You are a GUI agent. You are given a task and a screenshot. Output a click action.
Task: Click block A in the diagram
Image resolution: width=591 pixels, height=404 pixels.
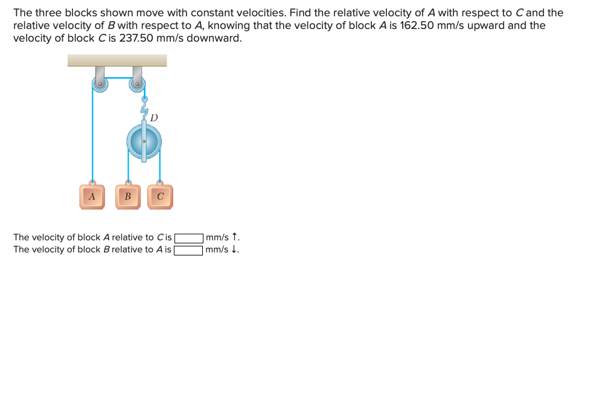click(92, 196)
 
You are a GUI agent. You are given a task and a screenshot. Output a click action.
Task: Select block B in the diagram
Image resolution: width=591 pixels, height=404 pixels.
click(127, 196)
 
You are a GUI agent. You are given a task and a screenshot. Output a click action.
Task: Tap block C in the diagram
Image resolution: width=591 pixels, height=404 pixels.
click(160, 196)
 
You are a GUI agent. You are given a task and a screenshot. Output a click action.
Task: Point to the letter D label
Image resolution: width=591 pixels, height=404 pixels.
click(154, 117)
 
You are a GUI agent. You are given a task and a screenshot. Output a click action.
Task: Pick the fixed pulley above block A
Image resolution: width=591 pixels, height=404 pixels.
click(100, 84)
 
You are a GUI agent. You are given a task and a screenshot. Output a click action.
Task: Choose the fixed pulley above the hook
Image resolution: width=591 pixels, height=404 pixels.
click(138, 84)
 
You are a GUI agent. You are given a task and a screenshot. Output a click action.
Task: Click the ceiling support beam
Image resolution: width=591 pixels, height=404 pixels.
click(117, 60)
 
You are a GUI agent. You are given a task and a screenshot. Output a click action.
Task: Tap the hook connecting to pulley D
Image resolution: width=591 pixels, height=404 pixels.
click(144, 107)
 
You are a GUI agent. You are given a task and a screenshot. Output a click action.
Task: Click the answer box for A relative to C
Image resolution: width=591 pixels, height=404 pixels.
click(188, 237)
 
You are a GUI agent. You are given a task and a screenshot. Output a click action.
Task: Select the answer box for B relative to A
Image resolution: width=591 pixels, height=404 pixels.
click(188, 249)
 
